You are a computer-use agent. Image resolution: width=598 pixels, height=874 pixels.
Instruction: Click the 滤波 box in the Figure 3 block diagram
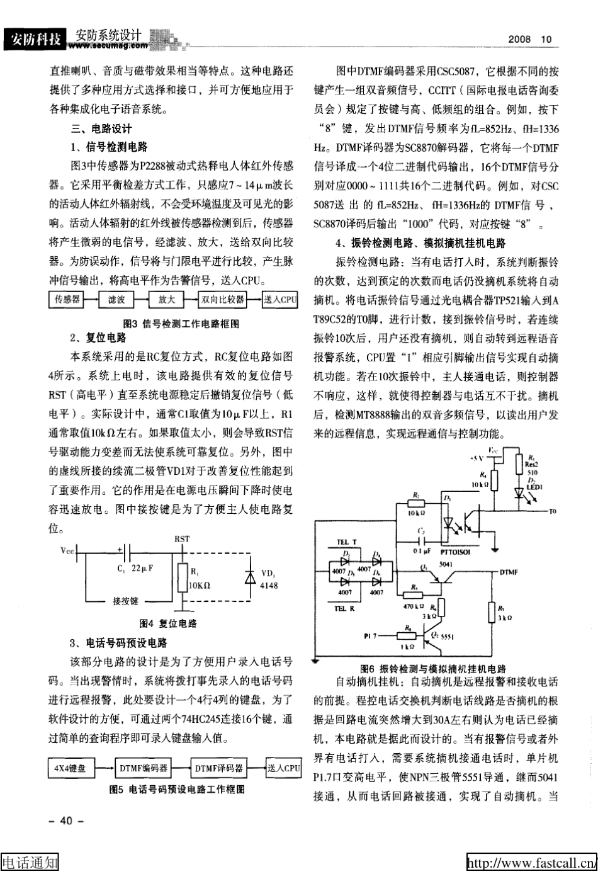116,300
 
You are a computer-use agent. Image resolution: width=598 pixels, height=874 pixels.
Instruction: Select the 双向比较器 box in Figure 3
222,300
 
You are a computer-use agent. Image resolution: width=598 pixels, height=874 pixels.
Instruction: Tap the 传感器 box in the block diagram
67,300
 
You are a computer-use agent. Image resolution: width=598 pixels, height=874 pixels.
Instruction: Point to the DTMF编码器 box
144,768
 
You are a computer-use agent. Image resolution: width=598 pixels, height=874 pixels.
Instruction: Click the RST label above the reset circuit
182,539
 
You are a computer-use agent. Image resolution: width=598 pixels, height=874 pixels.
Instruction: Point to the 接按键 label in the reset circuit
126,601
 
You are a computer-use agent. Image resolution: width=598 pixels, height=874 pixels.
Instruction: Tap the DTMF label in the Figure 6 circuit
509,572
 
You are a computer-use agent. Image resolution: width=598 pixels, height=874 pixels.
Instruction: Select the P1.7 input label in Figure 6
370,636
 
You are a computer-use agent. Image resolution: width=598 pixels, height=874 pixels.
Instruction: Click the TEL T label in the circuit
346,542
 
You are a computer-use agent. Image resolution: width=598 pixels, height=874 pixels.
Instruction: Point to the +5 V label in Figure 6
477,458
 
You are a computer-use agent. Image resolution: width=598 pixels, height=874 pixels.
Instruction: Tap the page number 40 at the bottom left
65,820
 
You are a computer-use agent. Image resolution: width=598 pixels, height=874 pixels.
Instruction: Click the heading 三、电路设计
101,129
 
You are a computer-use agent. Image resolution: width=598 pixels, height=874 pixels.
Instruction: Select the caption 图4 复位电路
168,623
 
